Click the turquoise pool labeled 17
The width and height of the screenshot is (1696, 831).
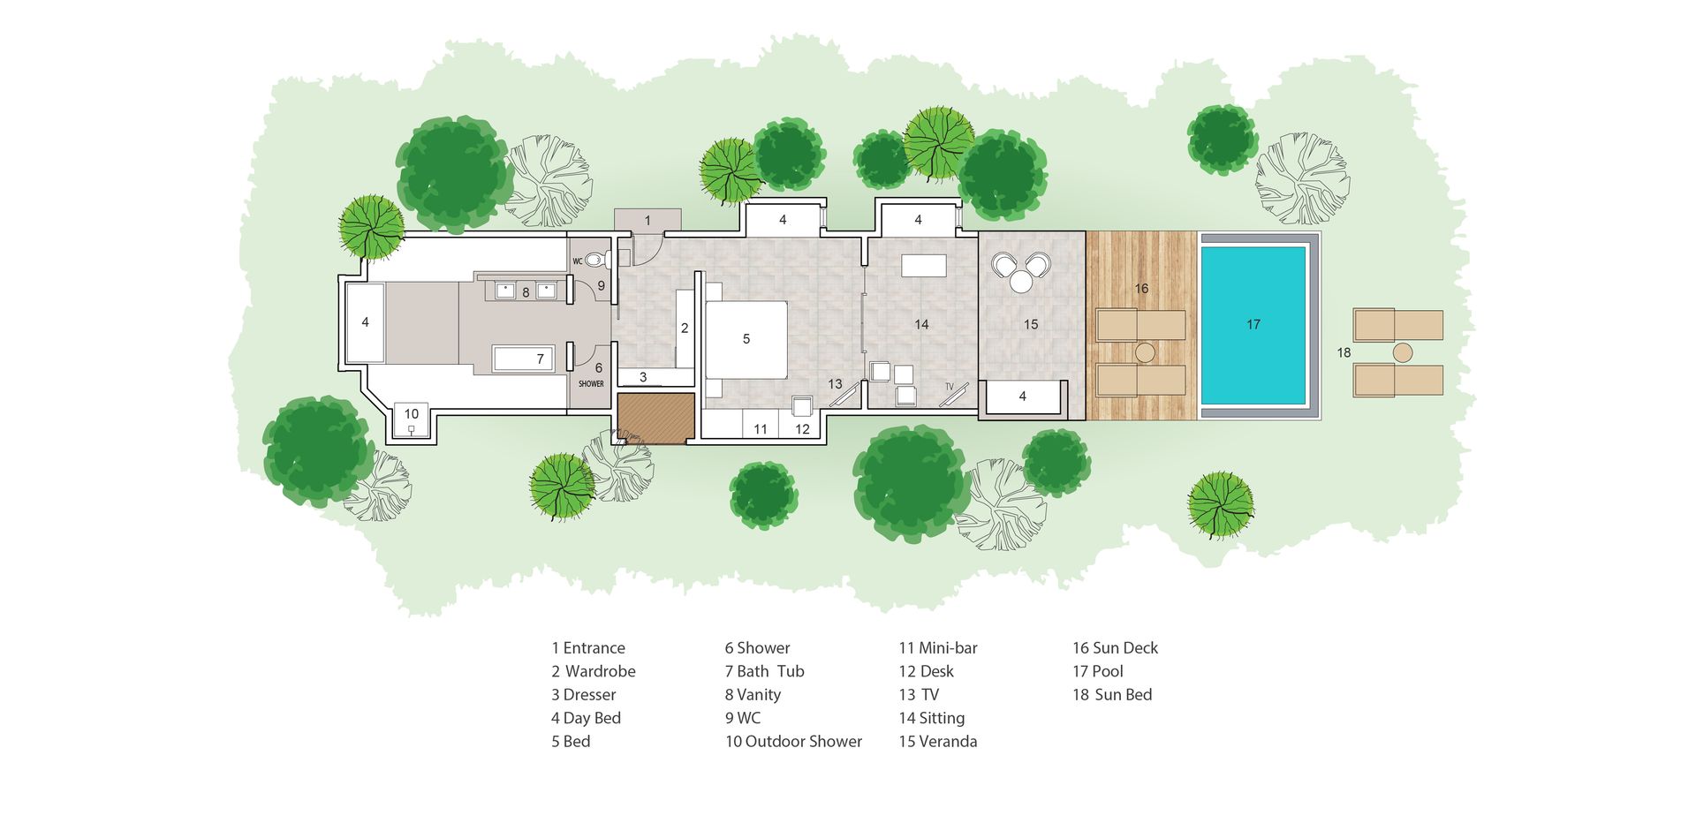point(1253,325)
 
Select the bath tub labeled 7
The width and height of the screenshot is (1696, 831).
point(523,359)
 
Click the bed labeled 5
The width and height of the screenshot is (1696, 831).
point(746,339)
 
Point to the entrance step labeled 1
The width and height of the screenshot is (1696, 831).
point(647,221)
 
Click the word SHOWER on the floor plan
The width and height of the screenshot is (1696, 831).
point(591,384)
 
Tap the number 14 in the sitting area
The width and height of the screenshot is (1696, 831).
point(921,325)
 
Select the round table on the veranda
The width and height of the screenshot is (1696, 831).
point(1021,282)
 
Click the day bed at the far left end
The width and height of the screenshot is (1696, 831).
point(365,323)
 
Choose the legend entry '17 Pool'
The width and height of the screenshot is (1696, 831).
point(1098,671)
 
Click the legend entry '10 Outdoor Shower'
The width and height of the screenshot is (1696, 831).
point(793,742)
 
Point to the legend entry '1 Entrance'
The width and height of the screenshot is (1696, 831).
point(588,648)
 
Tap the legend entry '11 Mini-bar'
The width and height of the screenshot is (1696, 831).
point(938,648)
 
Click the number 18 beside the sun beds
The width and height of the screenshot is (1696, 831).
point(1344,352)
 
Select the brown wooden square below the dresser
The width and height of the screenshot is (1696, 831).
point(655,419)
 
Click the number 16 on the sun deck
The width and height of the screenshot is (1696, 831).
point(1141,289)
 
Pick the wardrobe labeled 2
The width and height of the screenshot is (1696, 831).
point(685,329)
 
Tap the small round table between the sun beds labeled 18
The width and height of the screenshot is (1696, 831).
point(1402,353)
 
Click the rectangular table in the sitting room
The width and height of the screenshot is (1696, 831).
point(924,266)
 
